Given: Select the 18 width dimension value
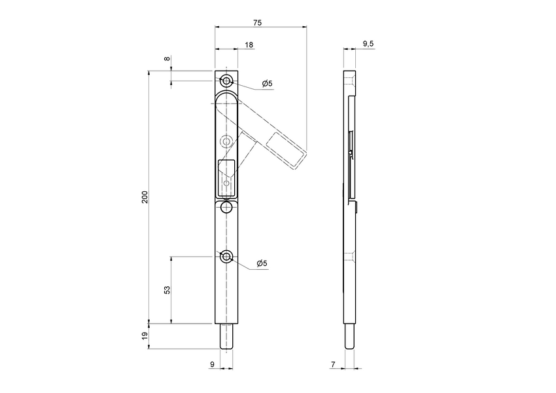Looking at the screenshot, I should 249,45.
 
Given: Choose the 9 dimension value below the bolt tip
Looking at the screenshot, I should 213,364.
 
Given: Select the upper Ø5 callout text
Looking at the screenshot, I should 267,83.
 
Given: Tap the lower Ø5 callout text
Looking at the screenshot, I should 262,263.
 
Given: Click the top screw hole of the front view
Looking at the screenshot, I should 226,81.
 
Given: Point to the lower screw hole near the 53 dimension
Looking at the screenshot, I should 226,256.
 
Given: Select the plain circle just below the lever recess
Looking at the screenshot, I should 226,208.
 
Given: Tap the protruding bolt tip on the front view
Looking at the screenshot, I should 226,337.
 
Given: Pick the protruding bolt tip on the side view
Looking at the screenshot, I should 349,337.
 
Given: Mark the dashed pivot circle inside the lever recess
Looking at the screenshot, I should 226,141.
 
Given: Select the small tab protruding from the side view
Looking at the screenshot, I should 358,208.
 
